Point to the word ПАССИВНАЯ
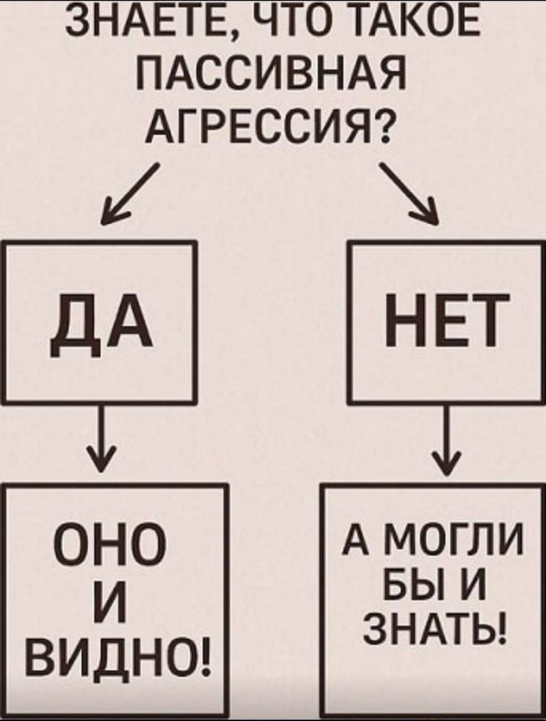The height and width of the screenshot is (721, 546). (271, 73)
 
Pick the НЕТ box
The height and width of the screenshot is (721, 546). (443, 322)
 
